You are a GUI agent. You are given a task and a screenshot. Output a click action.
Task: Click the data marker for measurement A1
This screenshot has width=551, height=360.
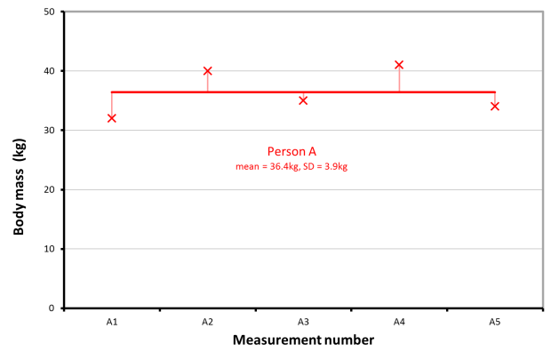pos(112,118)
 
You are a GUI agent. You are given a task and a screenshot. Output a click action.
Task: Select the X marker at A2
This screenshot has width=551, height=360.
pos(208,71)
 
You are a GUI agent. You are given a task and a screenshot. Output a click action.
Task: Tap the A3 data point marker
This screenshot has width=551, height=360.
pos(303,100)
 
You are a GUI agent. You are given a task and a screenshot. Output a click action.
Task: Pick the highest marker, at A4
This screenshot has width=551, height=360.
pos(399,65)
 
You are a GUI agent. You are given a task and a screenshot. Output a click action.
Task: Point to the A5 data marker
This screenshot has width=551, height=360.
pos(495,107)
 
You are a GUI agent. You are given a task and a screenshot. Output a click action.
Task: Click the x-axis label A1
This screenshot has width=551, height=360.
pos(112,321)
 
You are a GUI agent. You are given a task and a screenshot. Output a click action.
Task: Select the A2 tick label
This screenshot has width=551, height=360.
pos(208,321)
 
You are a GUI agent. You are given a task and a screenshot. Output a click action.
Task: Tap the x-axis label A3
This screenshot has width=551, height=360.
pos(303,321)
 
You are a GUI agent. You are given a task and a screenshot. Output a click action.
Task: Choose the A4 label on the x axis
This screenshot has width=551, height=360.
pos(399,321)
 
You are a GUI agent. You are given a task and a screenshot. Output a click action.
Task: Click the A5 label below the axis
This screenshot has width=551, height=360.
pos(495,321)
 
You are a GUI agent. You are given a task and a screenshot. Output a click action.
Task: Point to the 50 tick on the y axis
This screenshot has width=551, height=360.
pos(48,12)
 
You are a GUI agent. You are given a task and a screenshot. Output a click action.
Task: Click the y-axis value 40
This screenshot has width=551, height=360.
pos(48,71)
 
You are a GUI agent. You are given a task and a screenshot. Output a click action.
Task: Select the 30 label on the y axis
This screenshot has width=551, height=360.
pos(48,131)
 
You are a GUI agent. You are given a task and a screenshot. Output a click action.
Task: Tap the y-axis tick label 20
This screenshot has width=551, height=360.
pos(48,189)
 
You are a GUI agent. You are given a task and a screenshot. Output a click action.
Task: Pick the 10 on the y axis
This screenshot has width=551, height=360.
pos(48,249)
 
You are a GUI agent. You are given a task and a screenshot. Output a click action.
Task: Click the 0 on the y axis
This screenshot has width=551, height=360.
pos(52,308)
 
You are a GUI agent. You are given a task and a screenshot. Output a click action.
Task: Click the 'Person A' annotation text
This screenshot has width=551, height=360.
pos(291,151)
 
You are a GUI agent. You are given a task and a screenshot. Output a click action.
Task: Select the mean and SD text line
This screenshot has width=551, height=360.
pos(291,166)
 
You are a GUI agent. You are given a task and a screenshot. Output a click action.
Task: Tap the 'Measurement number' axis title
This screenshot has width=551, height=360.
pos(303,340)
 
